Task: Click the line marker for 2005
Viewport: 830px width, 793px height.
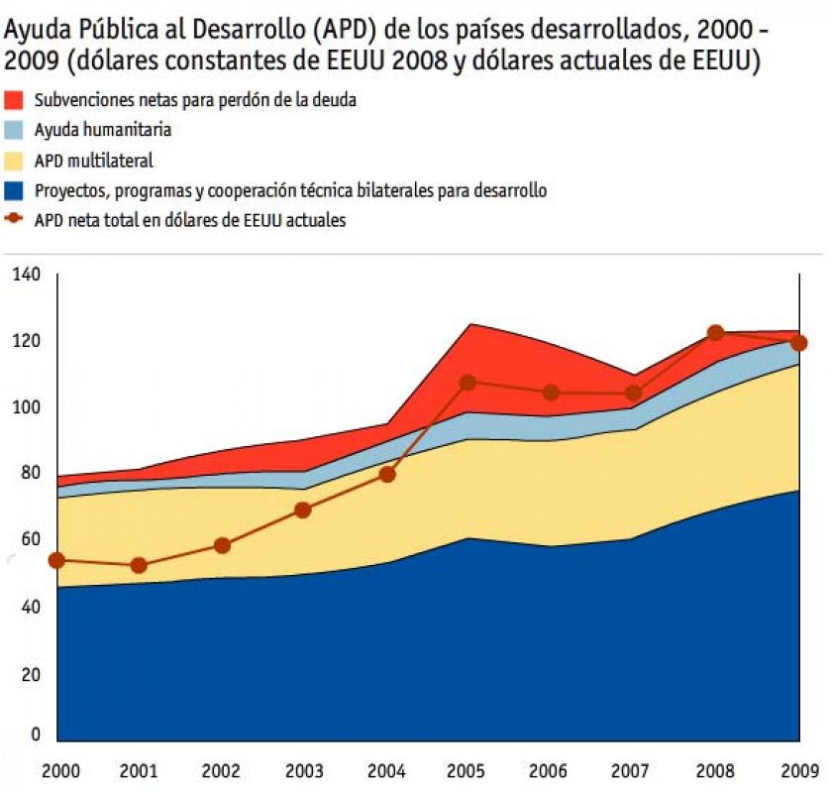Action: (468, 383)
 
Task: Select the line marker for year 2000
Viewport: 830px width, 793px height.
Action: (56, 560)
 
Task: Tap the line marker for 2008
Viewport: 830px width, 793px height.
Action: (715, 333)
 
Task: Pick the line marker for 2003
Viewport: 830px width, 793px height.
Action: (303, 510)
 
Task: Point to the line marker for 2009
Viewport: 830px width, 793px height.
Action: (798, 343)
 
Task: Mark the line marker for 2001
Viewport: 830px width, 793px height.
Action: (139, 566)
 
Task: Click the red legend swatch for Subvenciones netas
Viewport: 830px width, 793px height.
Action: (15, 100)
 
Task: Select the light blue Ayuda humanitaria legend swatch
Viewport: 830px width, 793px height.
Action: (15, 130)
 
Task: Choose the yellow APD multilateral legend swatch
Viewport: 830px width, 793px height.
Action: (15, 161)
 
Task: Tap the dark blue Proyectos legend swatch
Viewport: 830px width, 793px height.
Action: (15, 190)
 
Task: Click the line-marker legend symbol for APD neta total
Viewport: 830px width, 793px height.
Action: (15, 220)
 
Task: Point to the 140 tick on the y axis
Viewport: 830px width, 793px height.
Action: (27, 275)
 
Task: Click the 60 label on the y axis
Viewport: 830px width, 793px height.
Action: (27, 540)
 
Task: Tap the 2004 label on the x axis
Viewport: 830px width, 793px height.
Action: (386, 769)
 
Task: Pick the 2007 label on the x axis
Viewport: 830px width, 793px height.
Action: (633, 769)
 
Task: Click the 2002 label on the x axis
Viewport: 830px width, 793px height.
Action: (221, 769)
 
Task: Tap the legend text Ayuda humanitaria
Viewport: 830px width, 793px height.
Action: (103, 130)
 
